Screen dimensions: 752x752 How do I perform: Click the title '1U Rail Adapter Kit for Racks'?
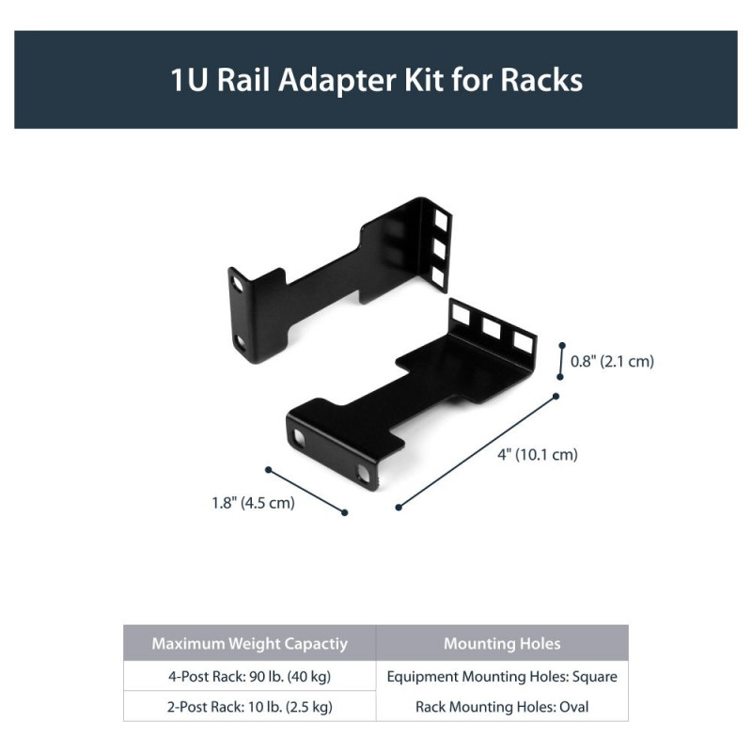coord(376,79)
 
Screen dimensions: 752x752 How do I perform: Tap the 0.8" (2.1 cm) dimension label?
coord(612,361)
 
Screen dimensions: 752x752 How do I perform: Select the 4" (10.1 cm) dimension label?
coord(537,455)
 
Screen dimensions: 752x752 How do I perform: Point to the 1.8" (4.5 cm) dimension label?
coord(253,502)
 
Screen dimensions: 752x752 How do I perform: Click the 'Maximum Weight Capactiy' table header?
coord(249,644)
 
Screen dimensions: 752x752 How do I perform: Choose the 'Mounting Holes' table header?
coord(502,644)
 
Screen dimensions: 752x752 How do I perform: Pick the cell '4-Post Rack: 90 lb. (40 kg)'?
coord(249,676)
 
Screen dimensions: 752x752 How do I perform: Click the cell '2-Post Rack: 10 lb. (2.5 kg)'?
coord(249,707)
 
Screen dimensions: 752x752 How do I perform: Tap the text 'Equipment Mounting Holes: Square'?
coord(502,676)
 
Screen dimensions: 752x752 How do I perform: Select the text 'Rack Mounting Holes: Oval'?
coord(502,707)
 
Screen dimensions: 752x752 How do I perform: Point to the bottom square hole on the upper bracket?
coord(437,274)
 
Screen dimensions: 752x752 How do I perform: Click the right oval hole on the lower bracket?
coord(363,473)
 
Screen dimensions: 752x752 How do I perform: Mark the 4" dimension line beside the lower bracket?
coord(478,452)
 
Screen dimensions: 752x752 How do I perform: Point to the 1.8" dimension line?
coord(306,490)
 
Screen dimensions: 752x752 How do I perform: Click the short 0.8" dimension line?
coord(561,360)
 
